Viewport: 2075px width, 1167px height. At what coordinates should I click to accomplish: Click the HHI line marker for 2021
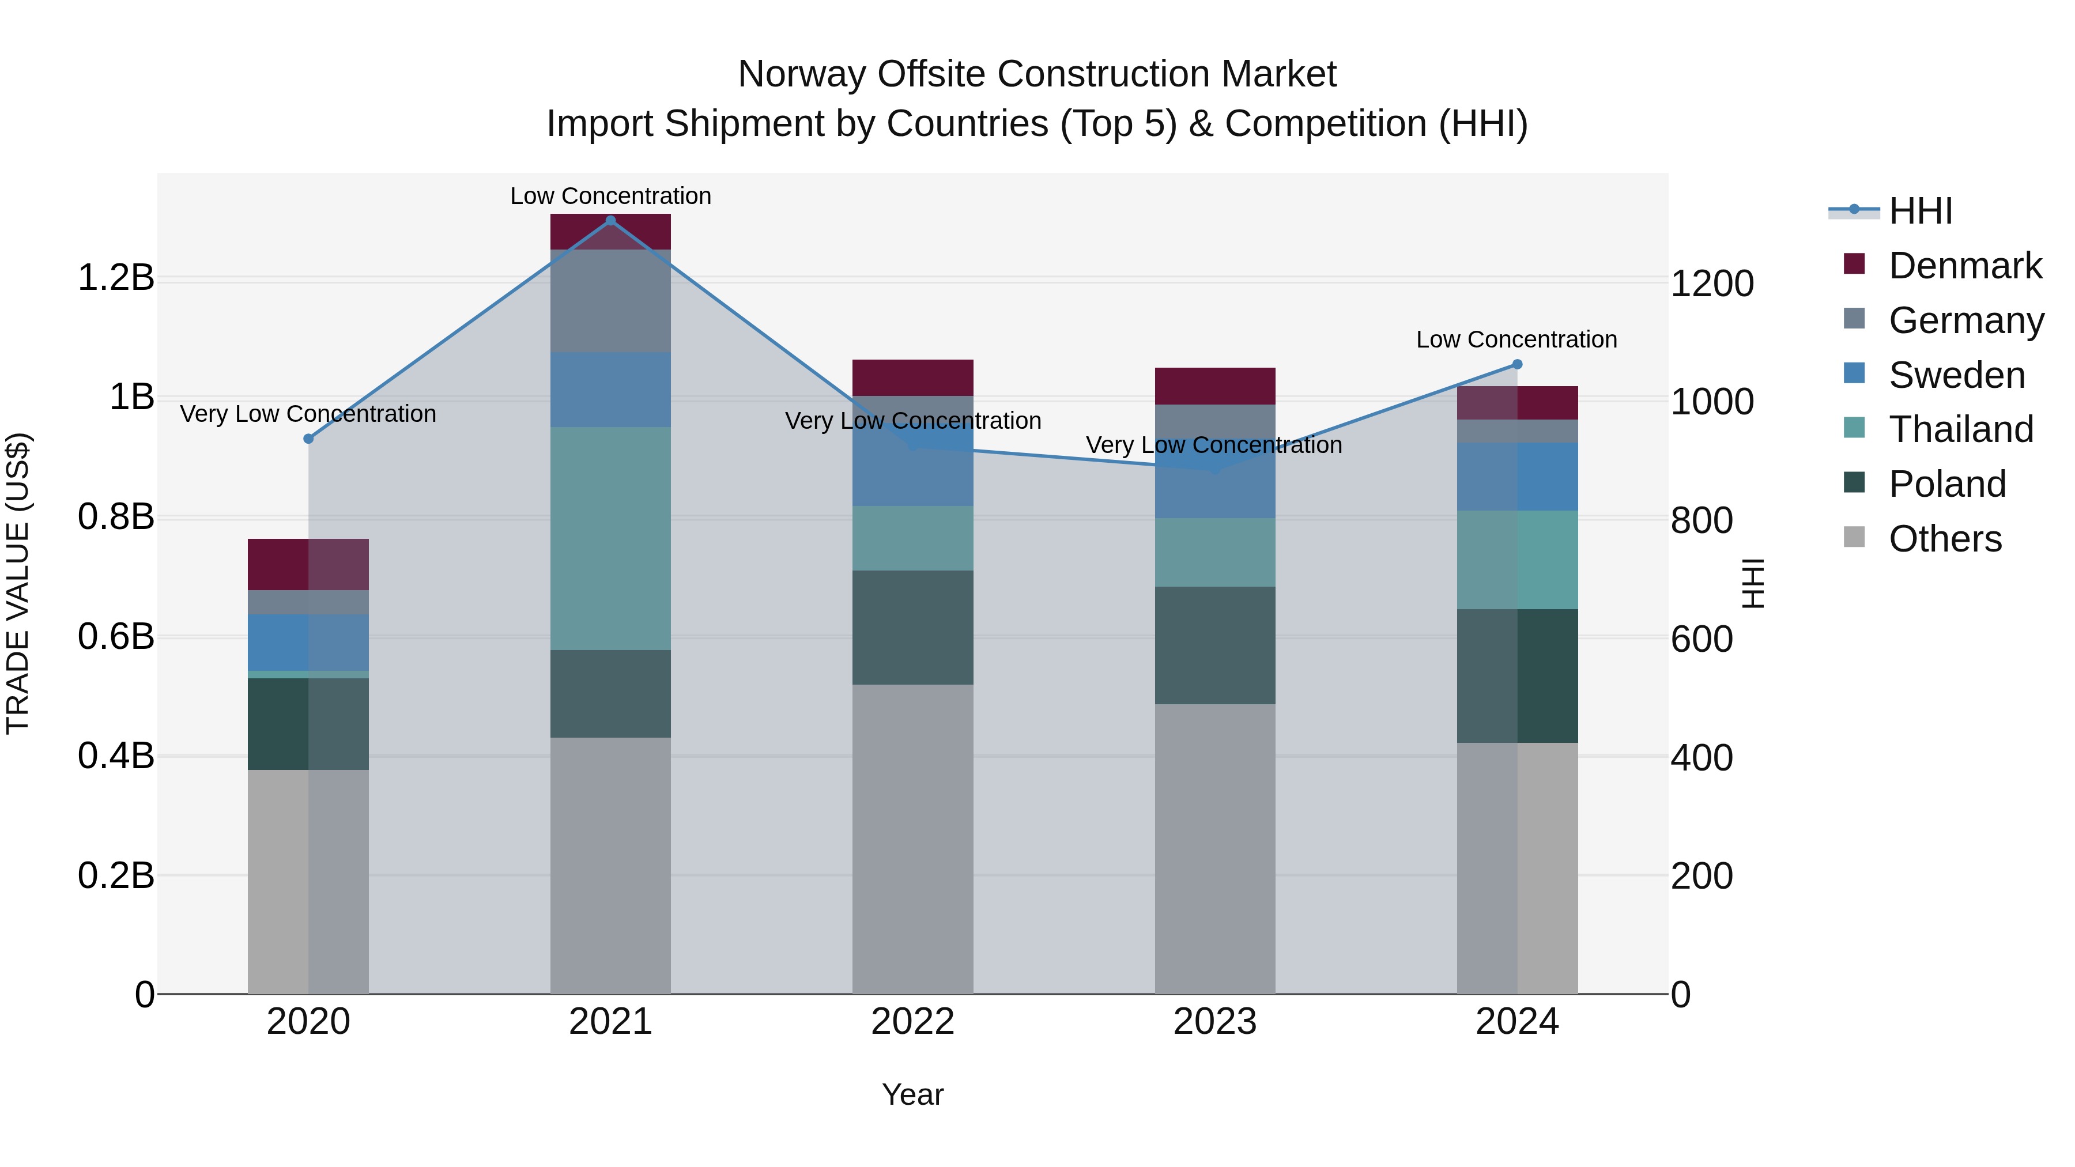tap(610, 221)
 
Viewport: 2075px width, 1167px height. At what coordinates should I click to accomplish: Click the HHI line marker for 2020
tap(308, 439)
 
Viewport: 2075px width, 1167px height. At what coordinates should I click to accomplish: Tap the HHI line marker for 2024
tap(1518, 365)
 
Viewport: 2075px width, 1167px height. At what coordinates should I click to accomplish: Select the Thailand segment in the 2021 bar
tap(610, 538)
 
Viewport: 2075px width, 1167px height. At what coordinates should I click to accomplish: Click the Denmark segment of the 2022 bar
tap(912, 377)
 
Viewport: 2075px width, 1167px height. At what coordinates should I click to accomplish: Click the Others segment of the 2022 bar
tap(912, 839)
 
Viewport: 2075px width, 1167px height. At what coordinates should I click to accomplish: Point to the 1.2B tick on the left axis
tap(115, 278)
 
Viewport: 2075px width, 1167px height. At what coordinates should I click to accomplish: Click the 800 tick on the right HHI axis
tap(1701, 520)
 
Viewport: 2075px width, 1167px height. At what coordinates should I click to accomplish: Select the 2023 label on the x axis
tap(1214, 1022)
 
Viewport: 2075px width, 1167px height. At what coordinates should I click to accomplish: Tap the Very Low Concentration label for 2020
tap(308, 414)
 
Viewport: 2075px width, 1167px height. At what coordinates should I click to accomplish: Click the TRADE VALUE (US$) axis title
tap(18, 583)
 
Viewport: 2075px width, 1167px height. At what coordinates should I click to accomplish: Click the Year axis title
tap(912, 1094)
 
